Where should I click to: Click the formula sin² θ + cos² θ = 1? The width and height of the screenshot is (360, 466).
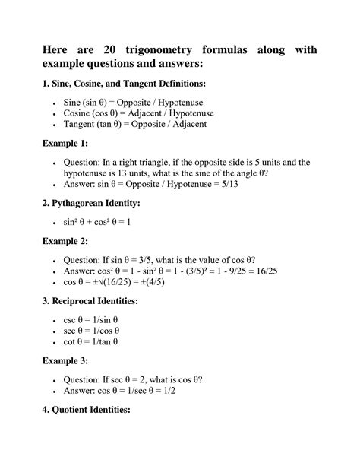(99, 223)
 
